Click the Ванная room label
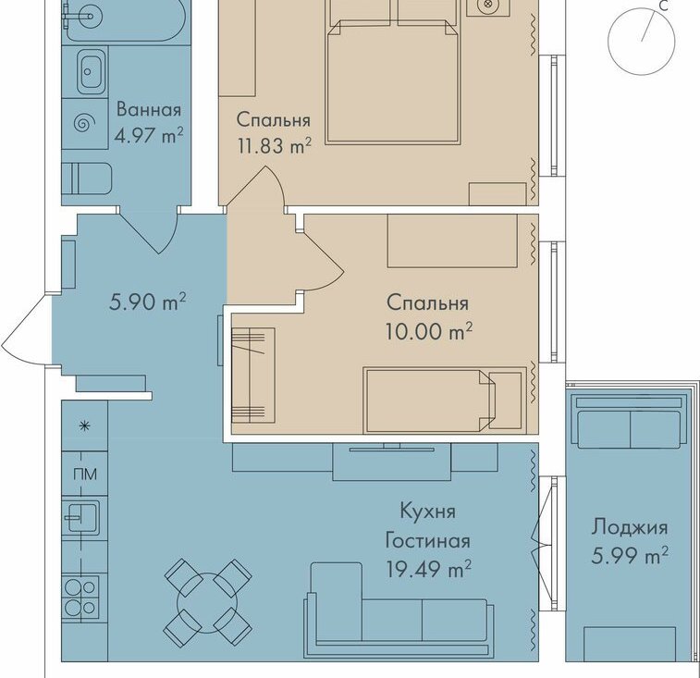[x=149, y=110]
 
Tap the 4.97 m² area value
[x=149, y=135]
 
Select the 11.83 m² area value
[x=274, y=145]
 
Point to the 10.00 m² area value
[x=428, y=331]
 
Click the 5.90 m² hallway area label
[x=147, y=302]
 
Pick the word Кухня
[x=427, y=512]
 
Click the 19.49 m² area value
[x=428, y=569]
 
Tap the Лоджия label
[x=630, y=528]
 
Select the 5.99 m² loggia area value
[x=630, y=556]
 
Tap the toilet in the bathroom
[x=86, y=179]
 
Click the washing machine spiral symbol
[x=84, y=123]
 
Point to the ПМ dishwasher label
[x=85, y=474]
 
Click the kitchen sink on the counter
[x=80, y=517]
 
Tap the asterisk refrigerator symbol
[x=84, y=426]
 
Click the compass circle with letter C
[x=642, y=41]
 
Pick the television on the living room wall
[x=391, y=448]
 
